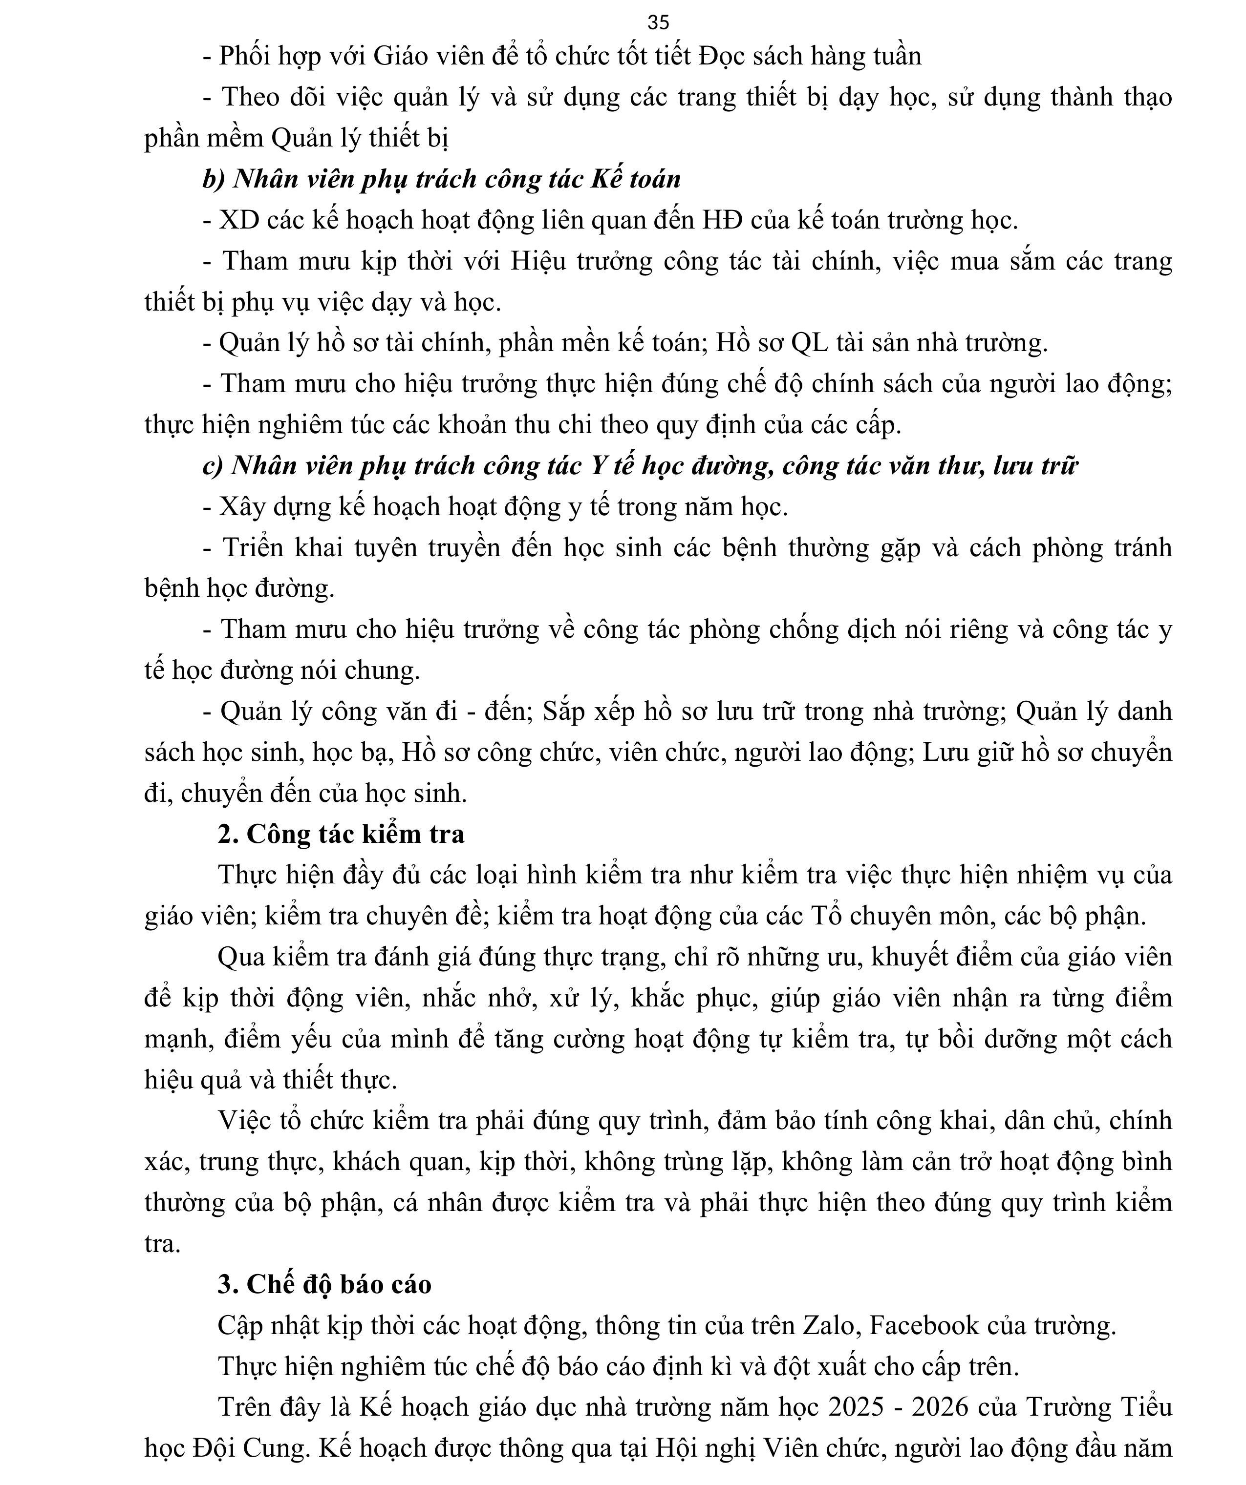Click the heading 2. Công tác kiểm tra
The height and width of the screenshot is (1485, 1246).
(x=341, y=835)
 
